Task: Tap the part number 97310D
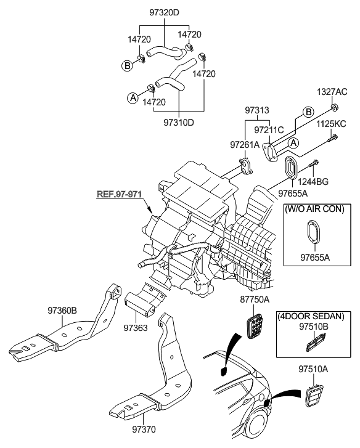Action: point(179,122)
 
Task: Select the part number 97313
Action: point(257,110)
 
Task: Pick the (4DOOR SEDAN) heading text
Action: point(313,316)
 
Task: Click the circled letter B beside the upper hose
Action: point(126,65)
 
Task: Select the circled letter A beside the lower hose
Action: point(132,97)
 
